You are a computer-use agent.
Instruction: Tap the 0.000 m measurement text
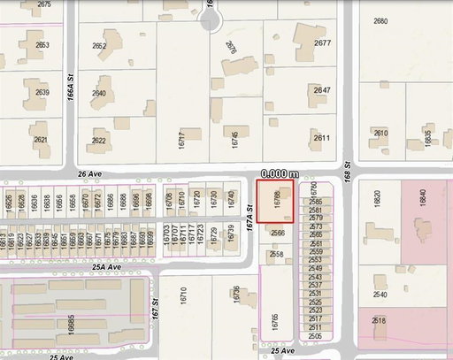pyautogui.click(x=280, y=174)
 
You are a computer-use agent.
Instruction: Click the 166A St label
pyautogui.click(x=70, y=91)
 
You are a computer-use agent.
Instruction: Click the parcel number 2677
pyautogui.click(x=322, y=43)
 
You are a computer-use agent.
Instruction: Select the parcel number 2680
pyautogui.click(x=381, y=20)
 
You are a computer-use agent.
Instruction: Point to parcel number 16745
pyautogui.click(x=235, y=137)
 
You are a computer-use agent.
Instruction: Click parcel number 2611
pyautogui.click(x=321, y=138)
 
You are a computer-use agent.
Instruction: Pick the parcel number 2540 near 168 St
pyautogui.click(x=380, y=294)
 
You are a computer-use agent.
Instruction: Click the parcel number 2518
pyautogui.click(x=379, y=320)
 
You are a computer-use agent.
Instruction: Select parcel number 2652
pyautogui.click(x=99, y=46)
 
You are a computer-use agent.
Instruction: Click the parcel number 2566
pyautogui.click(x=278, y=234)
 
